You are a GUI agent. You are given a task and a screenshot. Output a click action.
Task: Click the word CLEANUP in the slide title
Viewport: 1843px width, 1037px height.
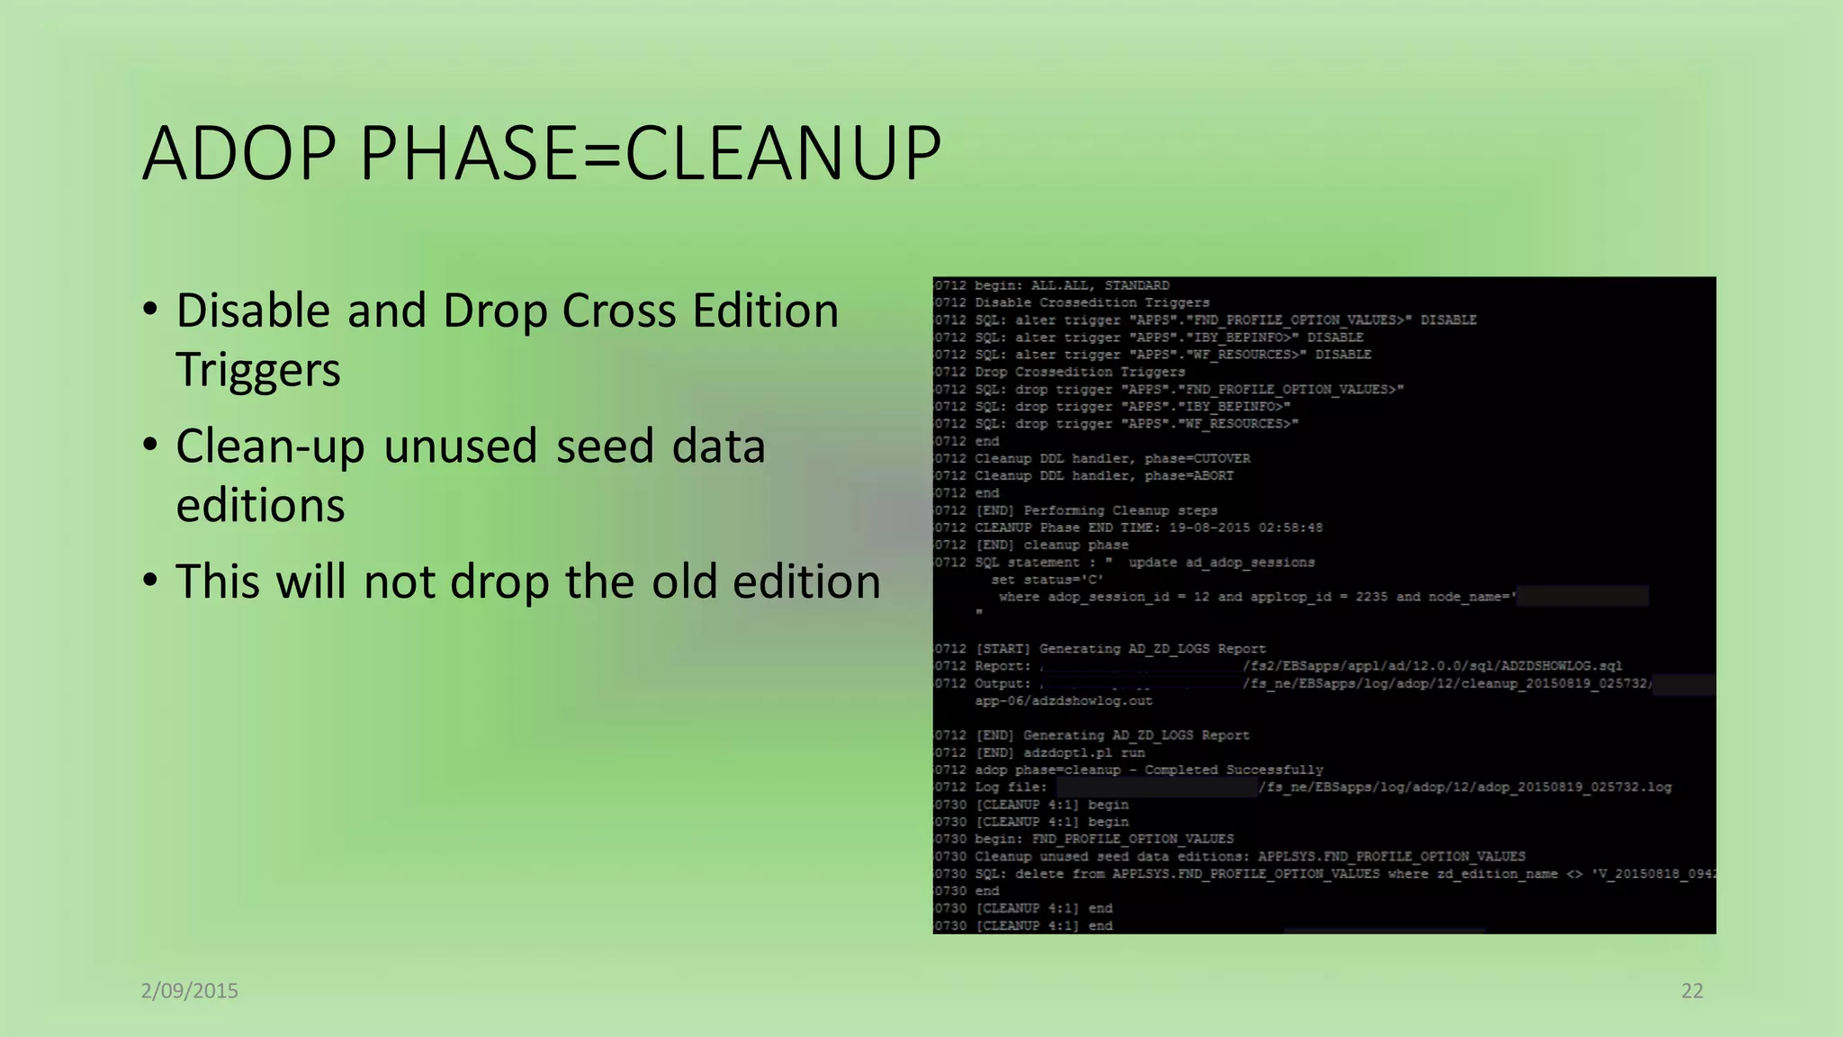[783, 153]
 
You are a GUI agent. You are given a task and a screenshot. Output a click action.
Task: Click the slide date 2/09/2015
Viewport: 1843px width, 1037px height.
[190, 991]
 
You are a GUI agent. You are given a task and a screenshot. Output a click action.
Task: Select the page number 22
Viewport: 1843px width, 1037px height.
[1692, 991]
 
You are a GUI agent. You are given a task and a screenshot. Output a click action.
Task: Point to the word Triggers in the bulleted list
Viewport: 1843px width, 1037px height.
[258, 370]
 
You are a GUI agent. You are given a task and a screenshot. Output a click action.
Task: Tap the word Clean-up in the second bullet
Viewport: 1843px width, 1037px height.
[270, 447]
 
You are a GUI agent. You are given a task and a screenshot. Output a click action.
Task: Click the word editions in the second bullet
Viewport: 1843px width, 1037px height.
[260, 506]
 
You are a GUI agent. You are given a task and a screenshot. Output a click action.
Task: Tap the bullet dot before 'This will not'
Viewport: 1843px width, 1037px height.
[150, 580]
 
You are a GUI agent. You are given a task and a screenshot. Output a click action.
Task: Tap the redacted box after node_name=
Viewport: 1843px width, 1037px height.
[1583, 596]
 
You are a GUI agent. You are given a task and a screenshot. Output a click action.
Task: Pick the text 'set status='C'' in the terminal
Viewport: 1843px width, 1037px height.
[1047, 580]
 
